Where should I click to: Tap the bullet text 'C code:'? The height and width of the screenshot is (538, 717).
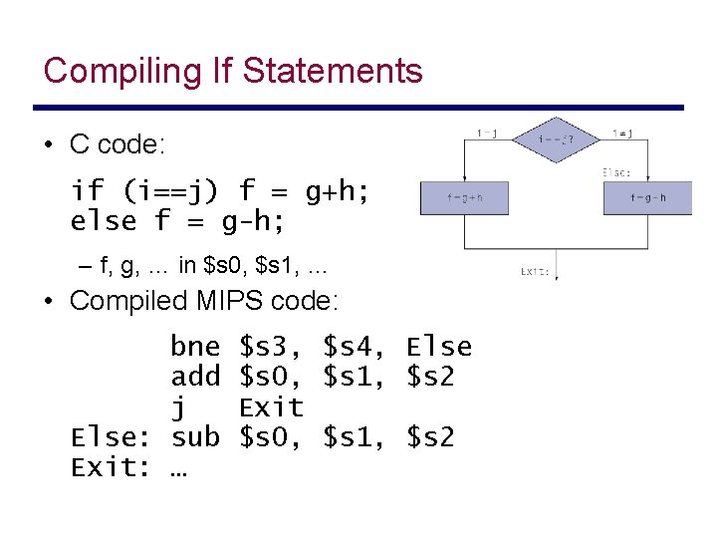118,144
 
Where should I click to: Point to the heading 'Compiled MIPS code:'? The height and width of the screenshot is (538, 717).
204,300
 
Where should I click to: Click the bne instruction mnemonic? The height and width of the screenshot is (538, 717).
195,347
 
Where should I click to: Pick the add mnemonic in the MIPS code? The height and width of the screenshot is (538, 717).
195,377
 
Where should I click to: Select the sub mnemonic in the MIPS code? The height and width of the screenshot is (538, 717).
195,436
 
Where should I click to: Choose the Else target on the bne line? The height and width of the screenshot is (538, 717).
438,347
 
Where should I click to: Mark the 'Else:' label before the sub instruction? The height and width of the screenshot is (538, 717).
110,436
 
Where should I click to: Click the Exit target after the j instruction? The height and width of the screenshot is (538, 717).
271,406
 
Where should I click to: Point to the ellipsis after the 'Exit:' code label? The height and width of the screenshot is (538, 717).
179,468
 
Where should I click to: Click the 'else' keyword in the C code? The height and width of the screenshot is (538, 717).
104,220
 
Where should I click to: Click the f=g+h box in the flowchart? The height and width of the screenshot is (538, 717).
464,197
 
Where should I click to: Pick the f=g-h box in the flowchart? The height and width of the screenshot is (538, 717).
647,197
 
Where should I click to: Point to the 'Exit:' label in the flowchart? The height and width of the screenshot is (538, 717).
535,270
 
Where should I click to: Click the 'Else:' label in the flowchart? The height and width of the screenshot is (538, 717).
616,171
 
